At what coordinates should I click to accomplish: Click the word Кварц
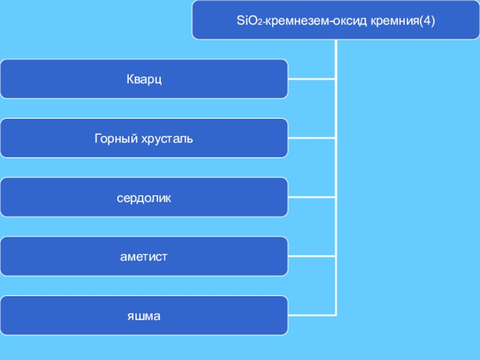144,79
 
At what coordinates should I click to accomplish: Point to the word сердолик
144,197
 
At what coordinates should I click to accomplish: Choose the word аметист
144,257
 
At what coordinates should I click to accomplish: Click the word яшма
144,316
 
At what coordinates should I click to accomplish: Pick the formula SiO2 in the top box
248,22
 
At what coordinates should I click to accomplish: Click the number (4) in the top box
427,22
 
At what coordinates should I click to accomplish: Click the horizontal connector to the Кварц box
312,79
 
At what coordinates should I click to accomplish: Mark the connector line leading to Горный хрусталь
312,137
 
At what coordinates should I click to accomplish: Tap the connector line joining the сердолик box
312,197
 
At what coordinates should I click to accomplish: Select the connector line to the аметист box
312,256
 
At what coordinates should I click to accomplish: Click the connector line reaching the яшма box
312,315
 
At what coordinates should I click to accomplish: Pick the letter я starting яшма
130,316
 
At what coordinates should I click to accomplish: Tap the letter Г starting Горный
98,139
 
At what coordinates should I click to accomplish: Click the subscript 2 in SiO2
257,23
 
